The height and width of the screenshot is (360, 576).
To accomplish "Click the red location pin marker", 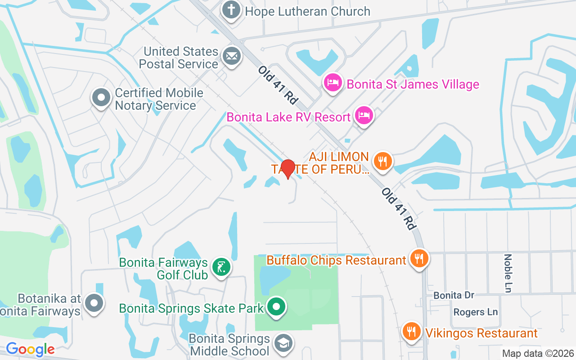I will click(288, 169).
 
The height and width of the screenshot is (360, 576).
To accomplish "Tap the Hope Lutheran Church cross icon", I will click(231, 10).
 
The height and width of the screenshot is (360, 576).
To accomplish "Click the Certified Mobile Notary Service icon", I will click(101, 98).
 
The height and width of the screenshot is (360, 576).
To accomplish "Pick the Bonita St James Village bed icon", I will click(333, 83).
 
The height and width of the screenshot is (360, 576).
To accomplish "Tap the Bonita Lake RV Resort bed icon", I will click(364, 116).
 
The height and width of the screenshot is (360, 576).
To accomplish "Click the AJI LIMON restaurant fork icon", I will click(382, 161).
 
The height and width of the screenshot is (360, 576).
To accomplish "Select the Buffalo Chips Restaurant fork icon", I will click(419, 259).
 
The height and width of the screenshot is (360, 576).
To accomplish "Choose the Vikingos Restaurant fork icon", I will click(411, 332).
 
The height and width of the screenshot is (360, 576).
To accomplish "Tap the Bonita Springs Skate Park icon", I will click(276, 307).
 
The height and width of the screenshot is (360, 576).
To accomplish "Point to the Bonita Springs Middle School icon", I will click(284, 343).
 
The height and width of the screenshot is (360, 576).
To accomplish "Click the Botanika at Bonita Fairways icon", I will click(94, 303).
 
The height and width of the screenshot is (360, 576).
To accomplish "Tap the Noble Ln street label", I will click(508, 273).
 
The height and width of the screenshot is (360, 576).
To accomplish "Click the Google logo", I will click(30, 349).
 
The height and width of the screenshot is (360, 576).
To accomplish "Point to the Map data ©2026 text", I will click(538, 353).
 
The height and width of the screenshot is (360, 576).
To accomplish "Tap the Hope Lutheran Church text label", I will click(308, 11).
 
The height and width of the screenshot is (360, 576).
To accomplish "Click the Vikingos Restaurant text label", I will click(479, 333).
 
